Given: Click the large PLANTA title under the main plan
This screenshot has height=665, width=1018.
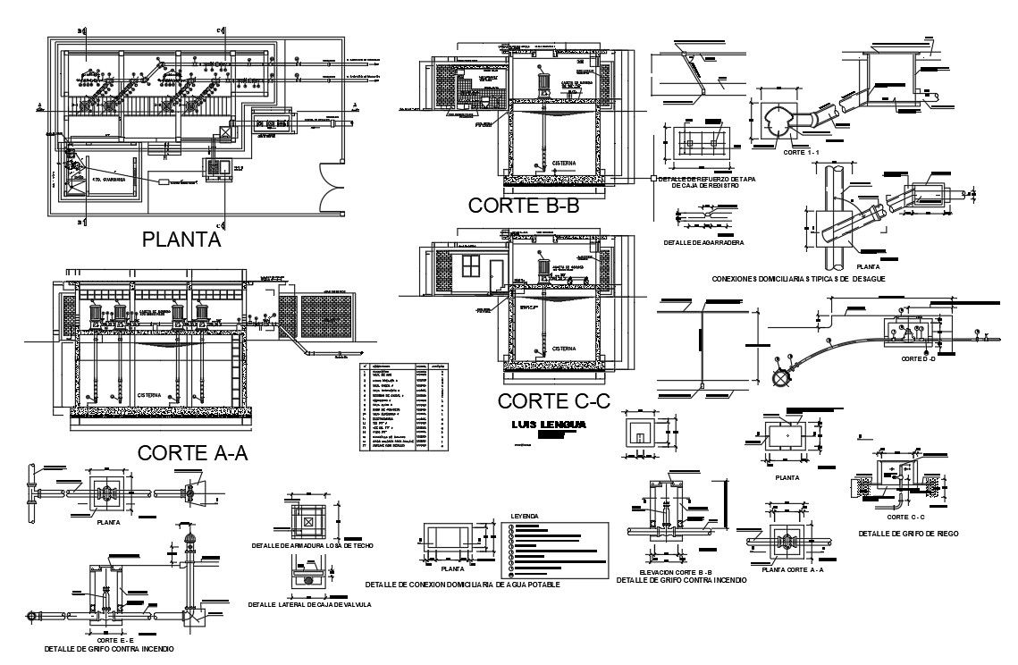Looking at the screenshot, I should point(181,239).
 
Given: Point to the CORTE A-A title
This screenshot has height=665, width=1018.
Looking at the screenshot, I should point(192,452).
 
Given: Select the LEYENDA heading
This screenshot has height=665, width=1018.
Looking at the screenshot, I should point(525,517).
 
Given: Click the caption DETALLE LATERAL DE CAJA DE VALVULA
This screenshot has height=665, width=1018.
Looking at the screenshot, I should point(310,604).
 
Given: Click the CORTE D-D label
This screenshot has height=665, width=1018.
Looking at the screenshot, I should point(918,358).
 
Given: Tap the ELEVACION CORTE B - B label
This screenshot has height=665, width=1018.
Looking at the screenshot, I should point(681,571).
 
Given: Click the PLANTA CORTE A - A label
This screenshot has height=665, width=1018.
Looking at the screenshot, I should point(792,569).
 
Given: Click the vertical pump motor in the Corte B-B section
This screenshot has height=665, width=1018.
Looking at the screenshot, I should point(543,83).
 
